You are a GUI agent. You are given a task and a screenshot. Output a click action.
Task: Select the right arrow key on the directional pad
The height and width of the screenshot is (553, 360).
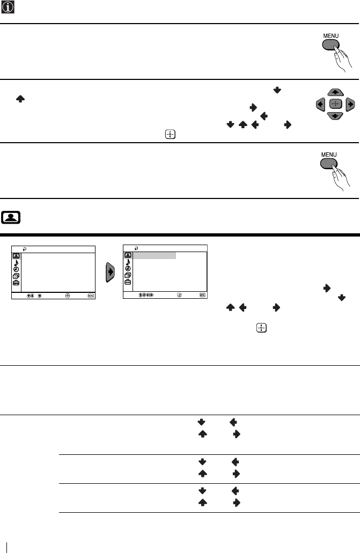coord(350,104)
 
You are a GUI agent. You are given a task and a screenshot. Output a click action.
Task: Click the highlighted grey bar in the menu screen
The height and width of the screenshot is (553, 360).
coord(155,255)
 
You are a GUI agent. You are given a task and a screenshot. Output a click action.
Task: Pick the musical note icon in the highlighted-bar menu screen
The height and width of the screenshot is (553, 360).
coord(128,262)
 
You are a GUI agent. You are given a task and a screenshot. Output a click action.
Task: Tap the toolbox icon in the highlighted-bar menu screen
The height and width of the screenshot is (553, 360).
coord(128,282)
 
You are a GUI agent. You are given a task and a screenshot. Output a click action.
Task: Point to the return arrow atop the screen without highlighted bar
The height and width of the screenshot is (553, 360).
coord(25,248)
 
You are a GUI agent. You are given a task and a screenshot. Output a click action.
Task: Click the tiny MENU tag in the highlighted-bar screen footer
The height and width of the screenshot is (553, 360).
coord(202,295)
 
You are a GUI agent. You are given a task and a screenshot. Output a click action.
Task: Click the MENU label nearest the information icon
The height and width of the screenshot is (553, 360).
coord(330,36)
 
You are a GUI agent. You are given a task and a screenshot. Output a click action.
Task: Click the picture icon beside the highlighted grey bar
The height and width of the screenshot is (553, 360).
coord(128,255)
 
